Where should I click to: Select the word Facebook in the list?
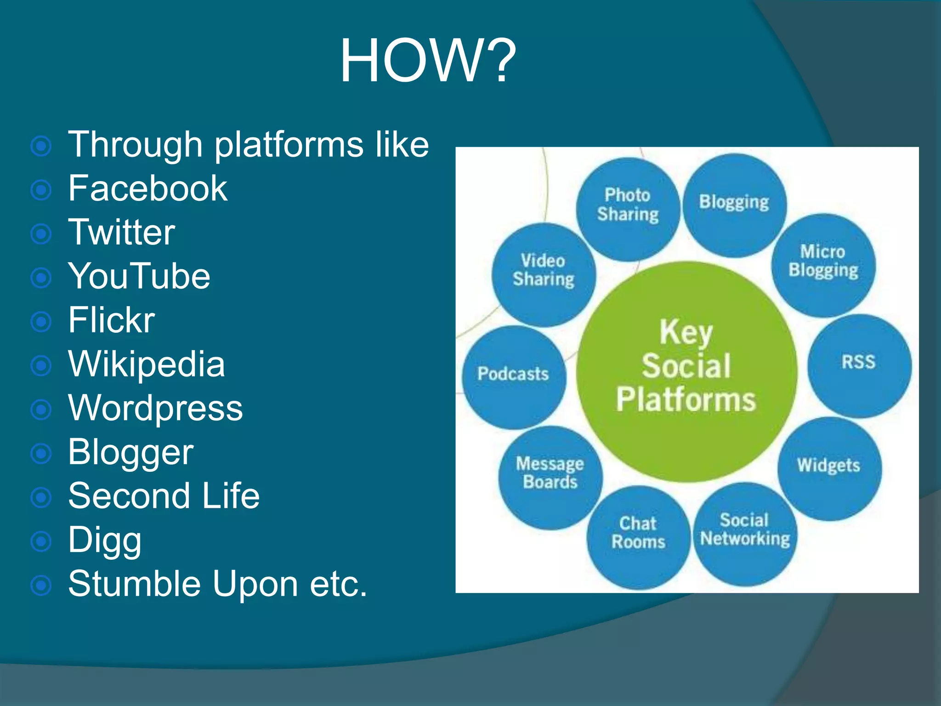[x=147, y=188]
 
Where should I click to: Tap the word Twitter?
[x=121, y=233]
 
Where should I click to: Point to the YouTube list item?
[x=139, y=276]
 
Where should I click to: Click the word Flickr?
[x=111, y=320]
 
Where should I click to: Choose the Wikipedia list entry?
[x=147, y=364]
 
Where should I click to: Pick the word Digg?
[x=105, y=541]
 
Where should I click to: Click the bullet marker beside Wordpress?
[x=41, y=409]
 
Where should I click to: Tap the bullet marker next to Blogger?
[x=41, y=453]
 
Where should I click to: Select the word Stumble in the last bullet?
[x=134, y=584]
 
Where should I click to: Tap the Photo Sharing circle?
[x=628, y=209]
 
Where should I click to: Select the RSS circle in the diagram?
[x=859, y=365]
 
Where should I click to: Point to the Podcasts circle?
[x=513, y=377]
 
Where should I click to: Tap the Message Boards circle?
[x=550, y=477]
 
